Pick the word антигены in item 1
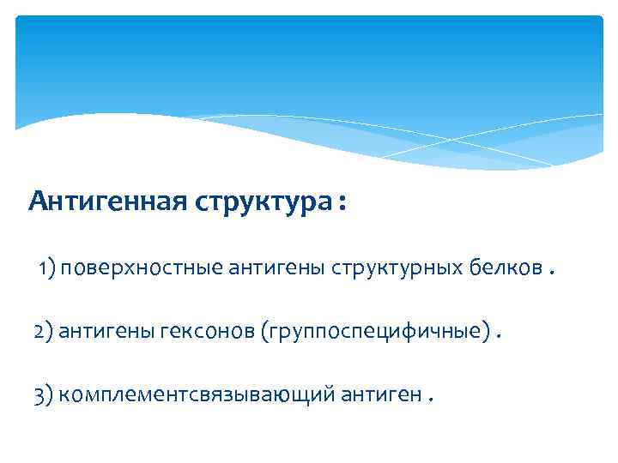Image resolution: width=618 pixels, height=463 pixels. point(274,272)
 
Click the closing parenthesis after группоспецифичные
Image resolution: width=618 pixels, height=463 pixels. point(488,332)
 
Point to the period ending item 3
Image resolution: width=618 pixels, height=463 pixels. point(430,398)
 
